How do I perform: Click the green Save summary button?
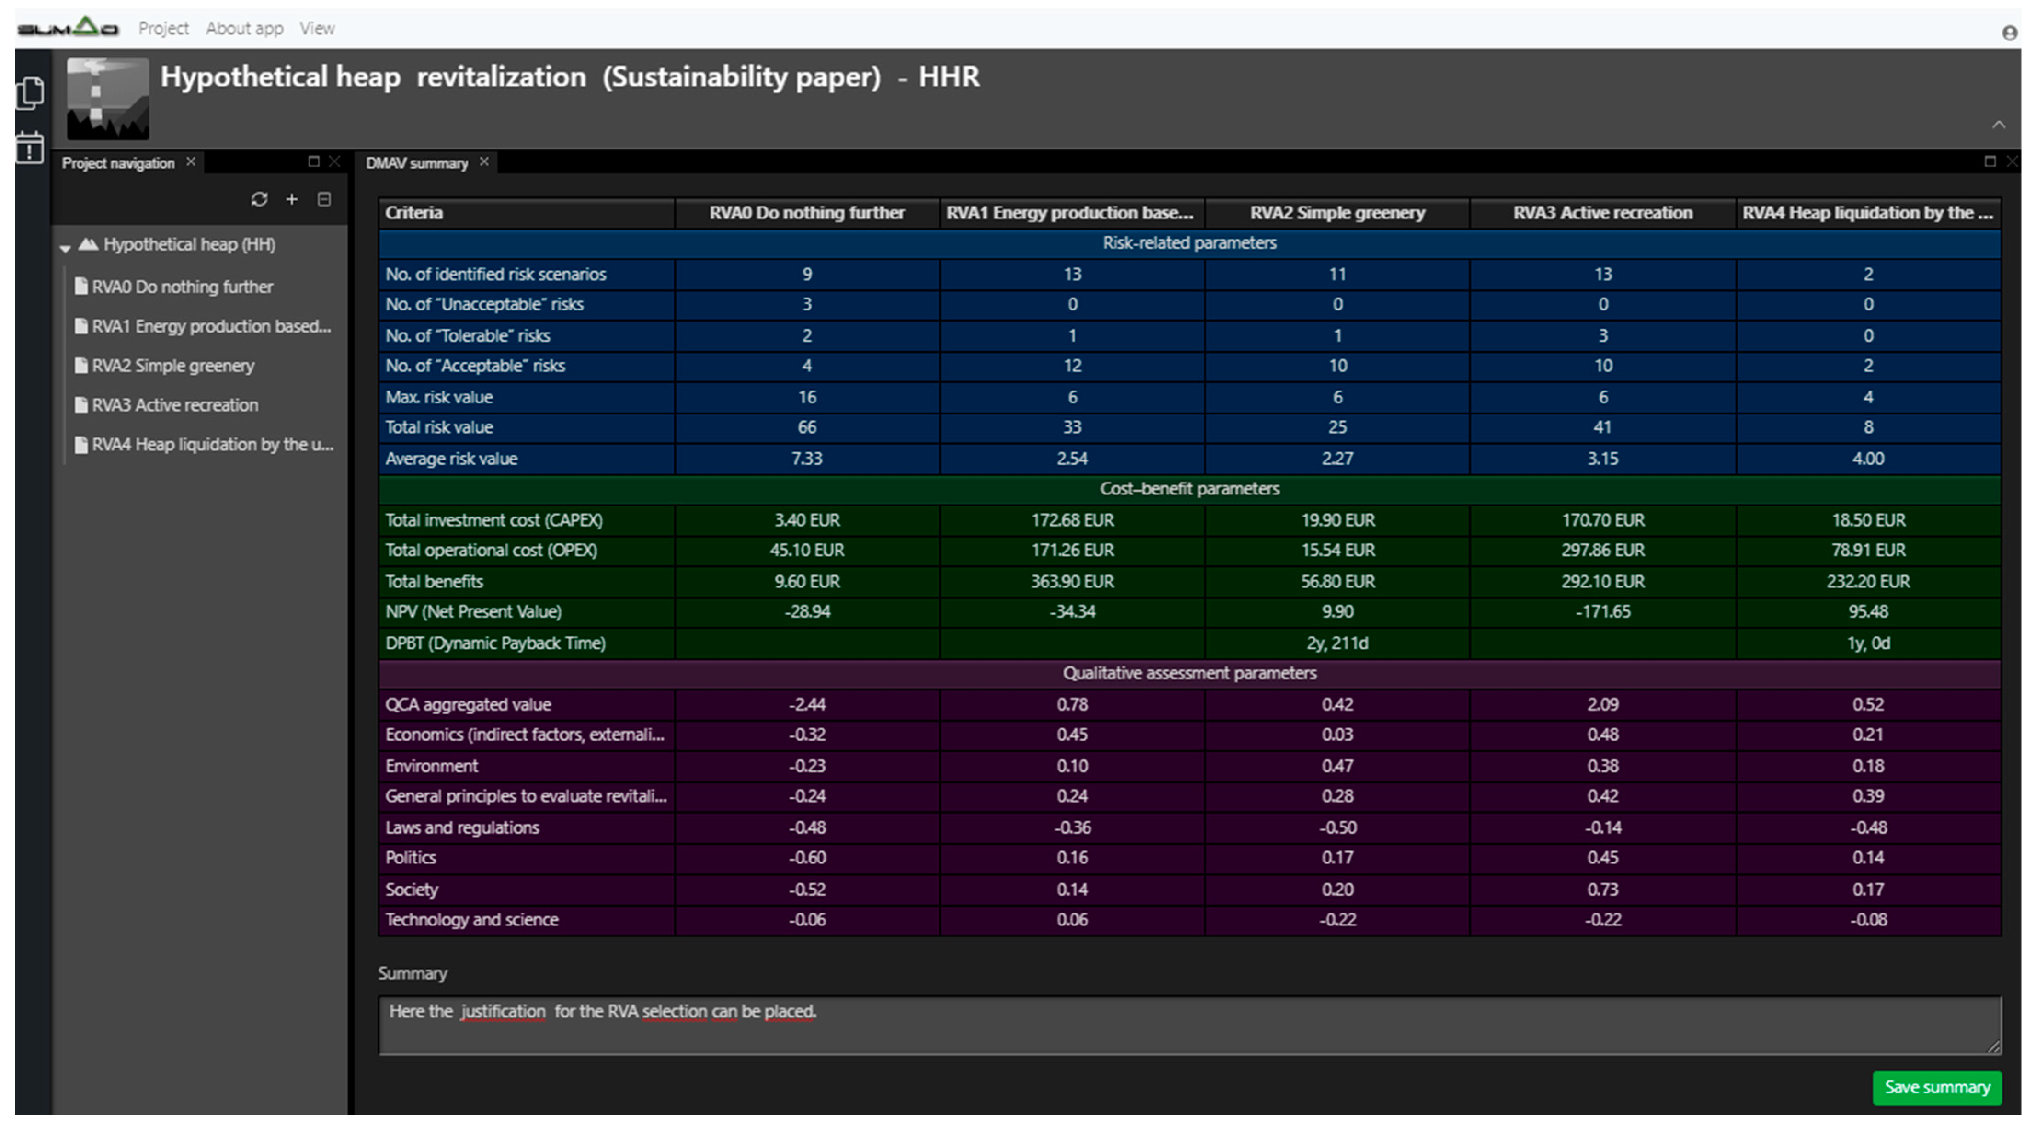[x=1936, y=1087]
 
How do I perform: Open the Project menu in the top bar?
[x=164, y=29]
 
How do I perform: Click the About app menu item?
[x=244, y=29]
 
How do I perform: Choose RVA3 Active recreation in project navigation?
[x=175, y=405]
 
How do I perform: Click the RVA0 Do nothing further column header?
[x=806, y=213]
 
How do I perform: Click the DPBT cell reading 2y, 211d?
[x=1336, y=643]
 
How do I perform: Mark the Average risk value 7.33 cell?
[x=806, y=459]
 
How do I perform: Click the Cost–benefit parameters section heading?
[x=1189, y=488]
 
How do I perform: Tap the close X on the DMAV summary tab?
[x=484, y=162]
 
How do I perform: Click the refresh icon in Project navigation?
[x=259, y=199]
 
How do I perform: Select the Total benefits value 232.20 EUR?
[x=1868, y=582]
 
